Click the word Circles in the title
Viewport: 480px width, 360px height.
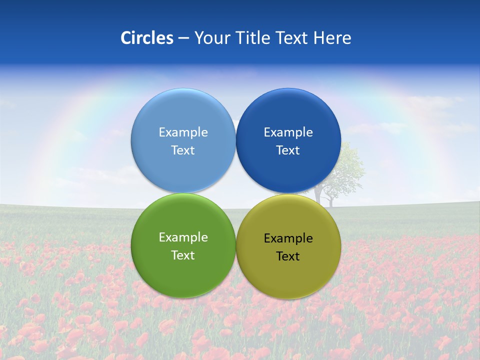click(147, 38)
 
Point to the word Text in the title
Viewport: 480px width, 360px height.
click(292, 38)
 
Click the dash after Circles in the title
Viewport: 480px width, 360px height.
click(183, 38)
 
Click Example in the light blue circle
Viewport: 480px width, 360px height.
click(183, 132)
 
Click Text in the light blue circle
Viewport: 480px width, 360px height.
click(183, 150)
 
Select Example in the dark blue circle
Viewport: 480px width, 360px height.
click(288, 132)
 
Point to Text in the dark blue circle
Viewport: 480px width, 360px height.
click(288, 150)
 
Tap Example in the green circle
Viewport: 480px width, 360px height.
click(183, 237)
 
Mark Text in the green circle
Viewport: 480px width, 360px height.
click(183, 255)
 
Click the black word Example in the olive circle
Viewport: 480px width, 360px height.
click(288, 238)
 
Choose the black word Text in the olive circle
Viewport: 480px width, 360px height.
click(288, 256)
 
